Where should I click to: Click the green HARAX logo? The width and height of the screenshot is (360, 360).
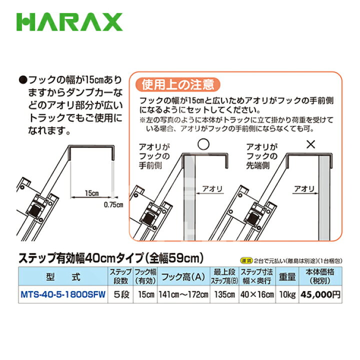[69, 22]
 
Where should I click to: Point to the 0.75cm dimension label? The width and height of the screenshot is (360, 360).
[113, 204]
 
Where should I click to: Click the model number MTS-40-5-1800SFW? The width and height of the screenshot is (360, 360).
[62, 294]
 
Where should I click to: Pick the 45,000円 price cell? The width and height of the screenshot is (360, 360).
[321, 294]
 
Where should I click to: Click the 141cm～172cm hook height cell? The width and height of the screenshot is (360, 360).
[183, 294]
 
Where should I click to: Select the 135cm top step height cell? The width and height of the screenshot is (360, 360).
[224, 294]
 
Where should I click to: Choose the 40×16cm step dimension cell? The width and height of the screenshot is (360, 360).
[257, 294]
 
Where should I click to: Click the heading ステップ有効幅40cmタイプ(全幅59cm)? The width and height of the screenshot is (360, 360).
[110, 258]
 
